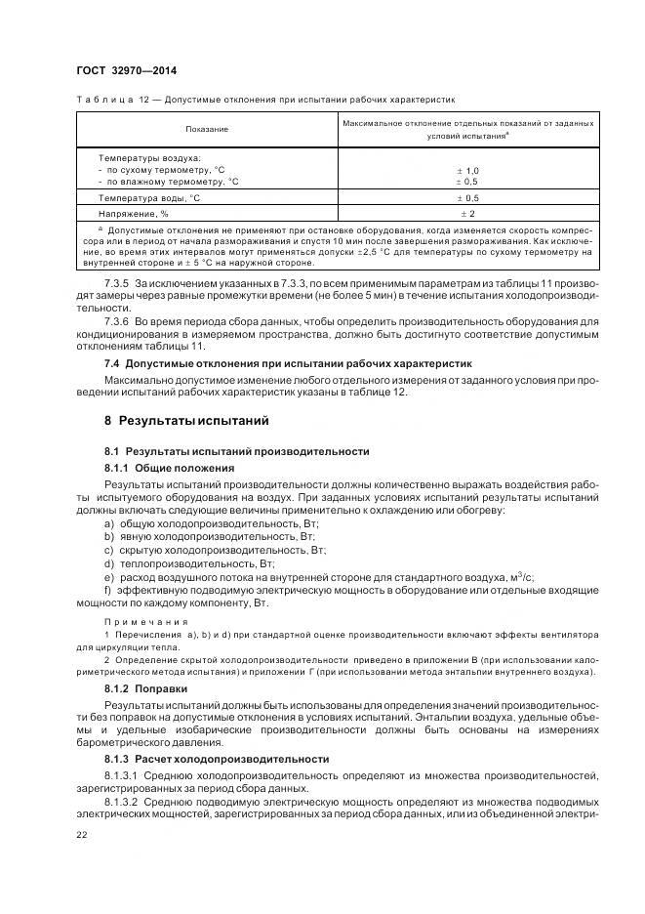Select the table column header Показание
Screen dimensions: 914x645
(x=207, y=129)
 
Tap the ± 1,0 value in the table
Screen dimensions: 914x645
(x=467, y=170)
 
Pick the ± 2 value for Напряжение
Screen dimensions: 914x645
(x=467, y=212)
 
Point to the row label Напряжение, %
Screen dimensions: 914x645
(x=134, y=212)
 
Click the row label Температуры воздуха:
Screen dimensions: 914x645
(x=148, y=156)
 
